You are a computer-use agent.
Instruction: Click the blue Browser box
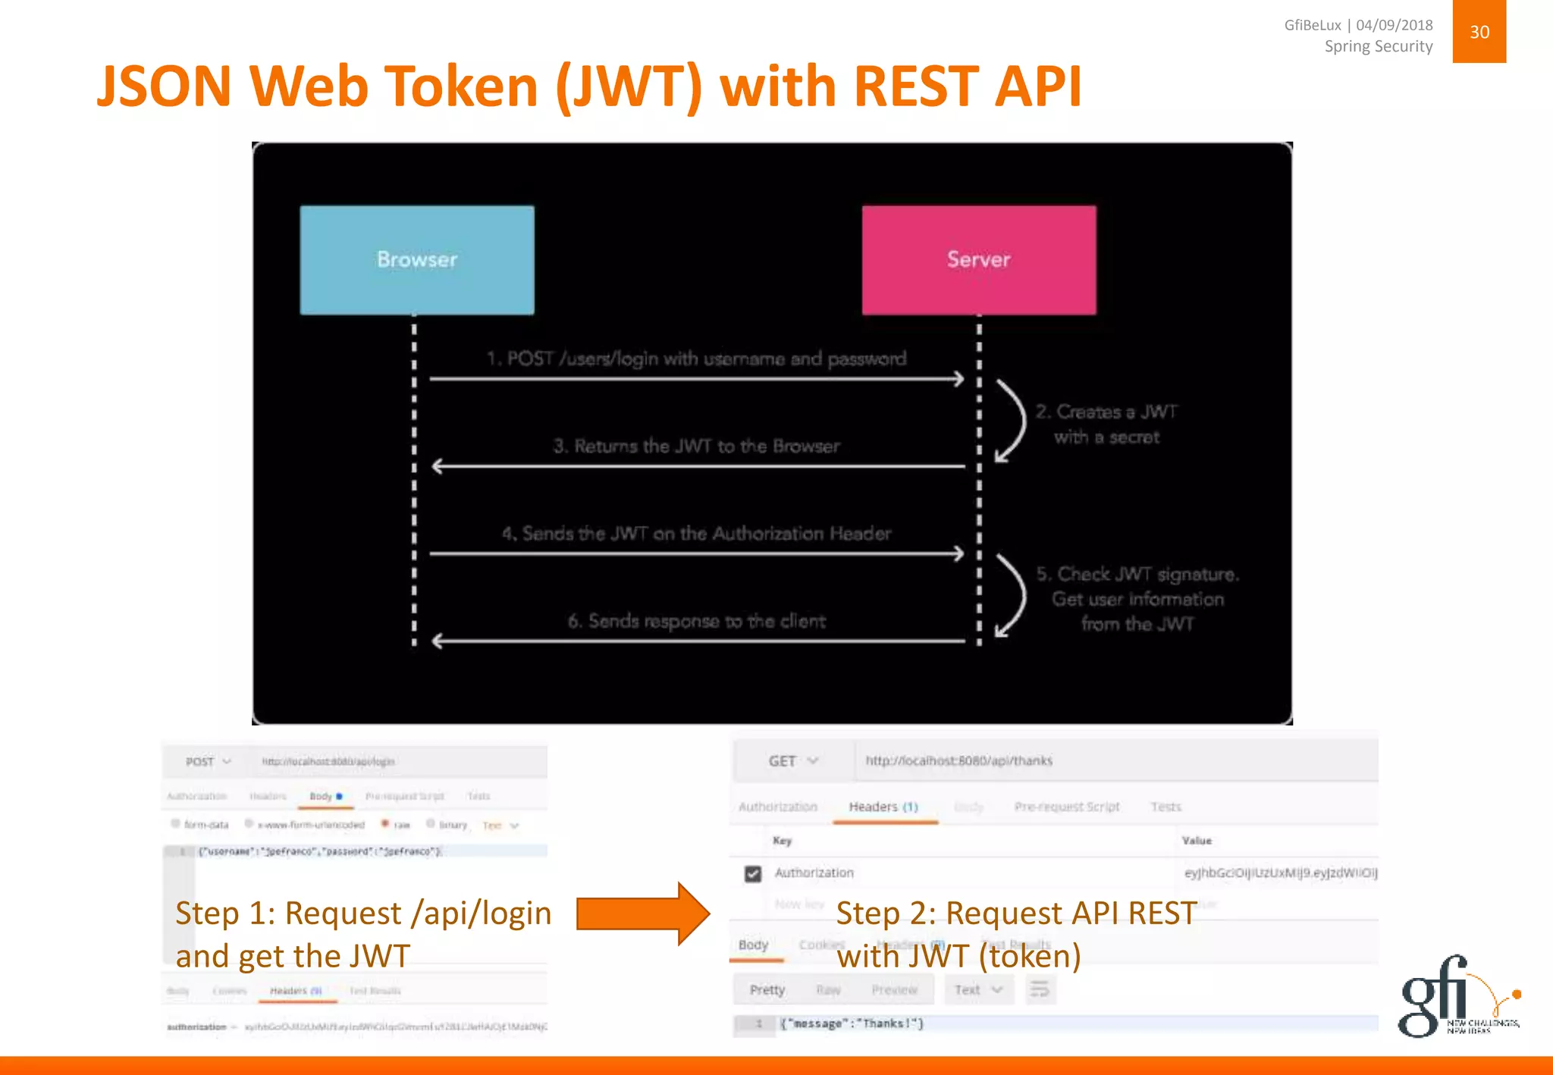pyautogui.click(x=417, y=259)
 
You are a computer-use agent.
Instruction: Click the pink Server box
pyautogui.click(x=978, y=259)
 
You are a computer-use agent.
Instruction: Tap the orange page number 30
pyautogui.click(x=1479, y=32)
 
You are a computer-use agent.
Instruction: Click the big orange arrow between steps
pyautogui.click(x=643, y=914)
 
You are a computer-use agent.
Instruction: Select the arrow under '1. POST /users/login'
pyautogui.click(x=696, y=378)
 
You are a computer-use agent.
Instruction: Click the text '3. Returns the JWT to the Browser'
pyautogui.click(x=696, y=446)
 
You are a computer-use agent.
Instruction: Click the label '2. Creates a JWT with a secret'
pyautogui.click(x=1106, y=424)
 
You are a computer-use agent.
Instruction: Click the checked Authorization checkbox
pyautogui.click(x=752, y=873)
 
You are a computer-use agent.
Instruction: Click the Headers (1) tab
pyautogui.click(x=883, y=807)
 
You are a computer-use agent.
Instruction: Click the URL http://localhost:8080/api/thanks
pyautogui.click(x=958, y=760)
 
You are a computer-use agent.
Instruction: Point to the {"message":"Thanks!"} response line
pyautogui.click(x=852, y=1023)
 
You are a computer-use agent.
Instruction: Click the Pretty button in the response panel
pyautogui.click(x=767, y=989)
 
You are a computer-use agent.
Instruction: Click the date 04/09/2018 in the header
pyautogui.click(x=1394, y=25)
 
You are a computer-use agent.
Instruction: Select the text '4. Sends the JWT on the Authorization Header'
pyautogui.click(x=696, y=534)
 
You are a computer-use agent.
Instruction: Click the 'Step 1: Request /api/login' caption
pyautogui.click(x=363, y=913)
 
